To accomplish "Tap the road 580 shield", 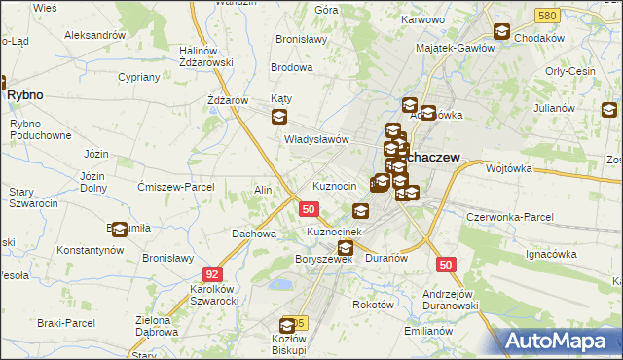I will (547, 16).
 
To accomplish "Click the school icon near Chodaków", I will (501, 32).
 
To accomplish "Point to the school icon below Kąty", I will (279, 118).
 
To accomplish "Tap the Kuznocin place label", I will (333, 186).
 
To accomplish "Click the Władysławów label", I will (316, 139).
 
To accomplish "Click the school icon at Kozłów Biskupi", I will (288, 326).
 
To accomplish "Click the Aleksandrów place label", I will (95, 35).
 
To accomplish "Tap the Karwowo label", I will (421, 19).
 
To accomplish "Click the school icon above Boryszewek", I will (345, 248).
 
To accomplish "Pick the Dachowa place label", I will (254, 234).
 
